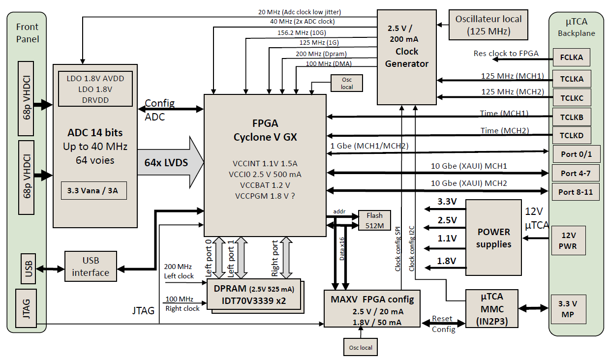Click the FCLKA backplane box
coord(571,58)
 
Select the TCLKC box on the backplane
coord(571,98)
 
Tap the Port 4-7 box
coord(575,173)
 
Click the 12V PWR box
coord(568,240)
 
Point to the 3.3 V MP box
coord(568,309)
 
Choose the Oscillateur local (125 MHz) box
coord(488,25)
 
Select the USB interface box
coord(91,267)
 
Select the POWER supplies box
coord(493,238)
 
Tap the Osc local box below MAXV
coord(361,347)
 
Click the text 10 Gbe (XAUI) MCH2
coord(469,183)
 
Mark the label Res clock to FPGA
coord(506,54)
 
